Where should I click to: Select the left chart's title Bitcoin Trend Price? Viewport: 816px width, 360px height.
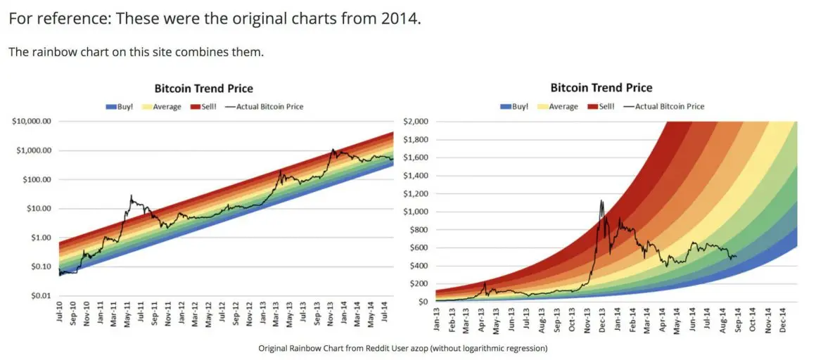[204, 89]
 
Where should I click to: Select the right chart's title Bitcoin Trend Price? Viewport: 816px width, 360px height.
[601, 88]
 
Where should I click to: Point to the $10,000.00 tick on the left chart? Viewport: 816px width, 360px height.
[32, 122]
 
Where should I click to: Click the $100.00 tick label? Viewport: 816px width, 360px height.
[37, 180]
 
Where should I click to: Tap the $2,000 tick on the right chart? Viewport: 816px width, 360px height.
[415, 122]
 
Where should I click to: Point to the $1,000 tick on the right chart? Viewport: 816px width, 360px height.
[415, 212]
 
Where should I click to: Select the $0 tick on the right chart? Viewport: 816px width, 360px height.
[423, 302]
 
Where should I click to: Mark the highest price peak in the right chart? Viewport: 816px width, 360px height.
[601, 201]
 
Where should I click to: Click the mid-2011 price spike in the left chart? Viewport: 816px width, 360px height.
[131, 196]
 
